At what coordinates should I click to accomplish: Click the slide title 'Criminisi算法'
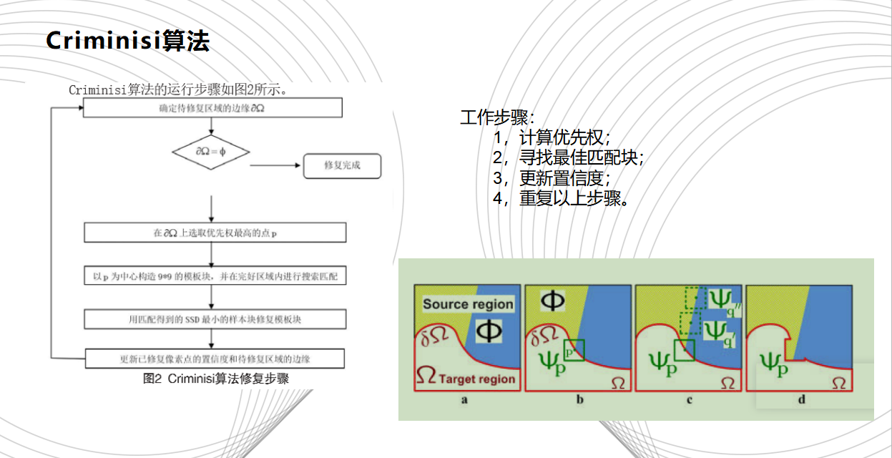pos(127,41)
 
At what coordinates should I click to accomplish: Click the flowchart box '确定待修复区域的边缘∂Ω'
pos(212,108)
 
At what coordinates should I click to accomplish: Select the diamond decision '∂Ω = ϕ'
pos(211,152)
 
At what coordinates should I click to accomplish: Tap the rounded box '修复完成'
pos(342,165)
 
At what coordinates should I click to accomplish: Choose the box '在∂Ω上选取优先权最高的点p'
pos(215,233)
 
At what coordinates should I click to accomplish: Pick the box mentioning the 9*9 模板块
pos(215,276)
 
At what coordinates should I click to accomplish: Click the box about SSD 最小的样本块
pos(215,318)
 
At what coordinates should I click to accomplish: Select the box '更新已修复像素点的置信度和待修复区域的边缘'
pos(215,358)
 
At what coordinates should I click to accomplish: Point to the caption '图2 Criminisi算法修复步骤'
pos(216,379)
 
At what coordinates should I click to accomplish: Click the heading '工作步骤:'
pos(497,117)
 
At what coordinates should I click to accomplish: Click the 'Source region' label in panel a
pos(468,304)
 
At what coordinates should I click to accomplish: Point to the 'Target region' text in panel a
pos(477,379)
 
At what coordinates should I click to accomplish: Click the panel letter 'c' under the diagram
pos(690,400)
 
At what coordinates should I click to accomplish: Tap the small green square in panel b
pos(574,350)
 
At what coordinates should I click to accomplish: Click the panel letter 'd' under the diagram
pos(801,400)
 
